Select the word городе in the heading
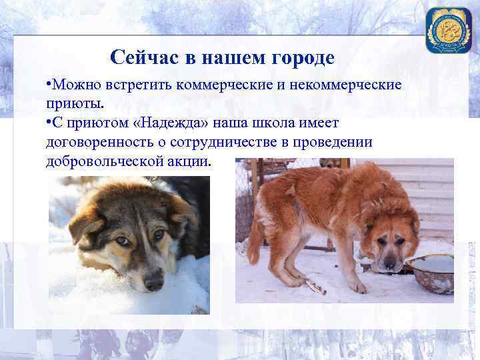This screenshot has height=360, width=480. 303,57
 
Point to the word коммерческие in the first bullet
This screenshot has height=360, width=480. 228,85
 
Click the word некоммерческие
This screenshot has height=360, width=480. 344,85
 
